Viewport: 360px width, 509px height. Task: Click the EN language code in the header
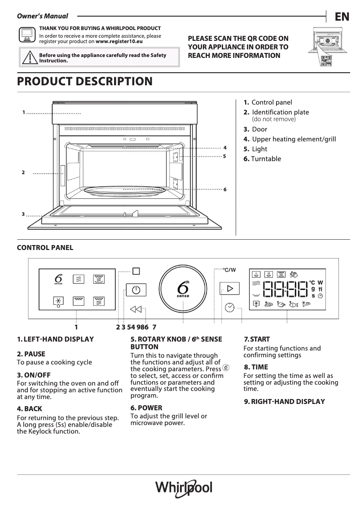342,17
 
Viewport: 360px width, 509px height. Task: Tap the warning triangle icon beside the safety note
30,57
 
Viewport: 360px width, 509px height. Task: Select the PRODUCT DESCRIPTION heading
84,82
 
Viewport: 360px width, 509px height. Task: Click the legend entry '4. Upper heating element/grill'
290,140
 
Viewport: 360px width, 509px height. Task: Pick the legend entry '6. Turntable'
262,159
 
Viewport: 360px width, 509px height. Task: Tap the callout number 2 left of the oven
23,172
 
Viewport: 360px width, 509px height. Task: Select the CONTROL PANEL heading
45,248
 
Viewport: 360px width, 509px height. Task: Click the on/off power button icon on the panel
136,290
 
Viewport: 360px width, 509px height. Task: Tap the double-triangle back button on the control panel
136,309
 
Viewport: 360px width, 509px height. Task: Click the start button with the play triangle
229,289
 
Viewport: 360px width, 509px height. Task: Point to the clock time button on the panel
229,307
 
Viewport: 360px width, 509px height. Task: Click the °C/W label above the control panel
229,270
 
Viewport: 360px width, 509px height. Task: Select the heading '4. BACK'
30,409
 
